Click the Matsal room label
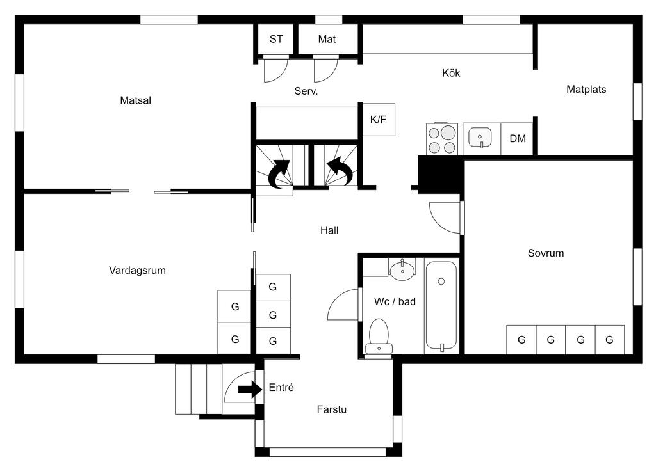(135, 100)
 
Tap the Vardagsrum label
(137, 271)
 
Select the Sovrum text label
(546, 253)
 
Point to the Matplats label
(586, 90)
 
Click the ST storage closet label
(276, 39)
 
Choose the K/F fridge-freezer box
(379, 120)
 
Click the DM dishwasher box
(517, 138)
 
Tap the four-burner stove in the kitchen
(442, 138)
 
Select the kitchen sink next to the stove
(480, 138)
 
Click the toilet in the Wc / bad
(379, 337)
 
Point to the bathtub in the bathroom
(441, 306)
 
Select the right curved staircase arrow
(340, 171)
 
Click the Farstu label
(332, 409)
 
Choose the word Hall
(329, 230)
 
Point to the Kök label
(451, 73)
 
